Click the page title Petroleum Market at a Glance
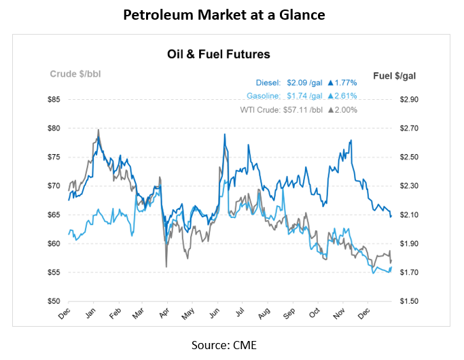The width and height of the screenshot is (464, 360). tap(232, 14)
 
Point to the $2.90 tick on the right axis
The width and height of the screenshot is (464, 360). tap(410, 100)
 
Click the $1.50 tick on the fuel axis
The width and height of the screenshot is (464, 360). tap(410, 301)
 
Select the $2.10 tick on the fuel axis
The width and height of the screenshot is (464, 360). tap(410, 215)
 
